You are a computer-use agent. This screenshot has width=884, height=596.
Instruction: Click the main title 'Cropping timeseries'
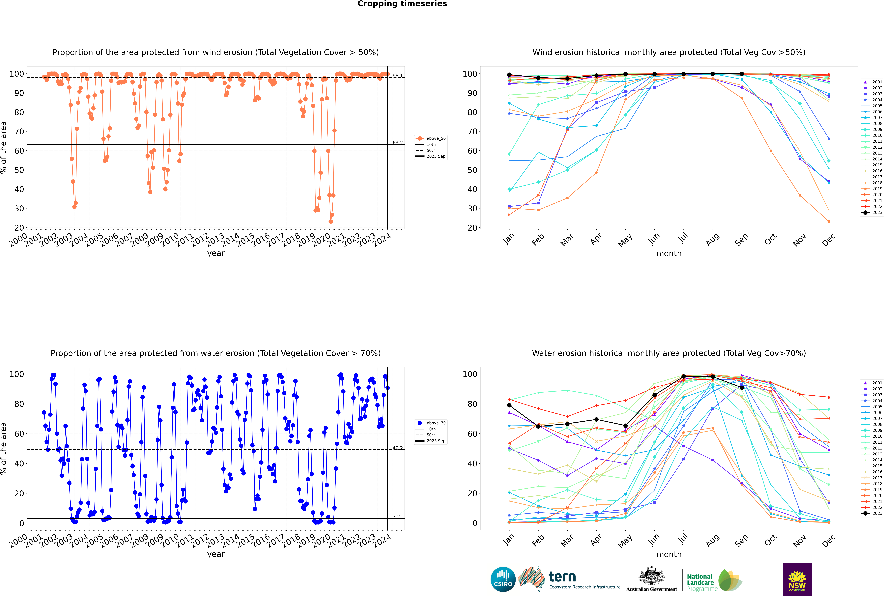click(x=402, y=4)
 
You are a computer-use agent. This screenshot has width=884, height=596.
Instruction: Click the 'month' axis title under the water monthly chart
click(x=669, y=554)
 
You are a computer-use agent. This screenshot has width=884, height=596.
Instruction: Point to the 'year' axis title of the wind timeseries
click(x=216, y=253)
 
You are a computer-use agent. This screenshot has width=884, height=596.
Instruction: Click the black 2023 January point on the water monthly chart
click(x=509, y=405)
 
